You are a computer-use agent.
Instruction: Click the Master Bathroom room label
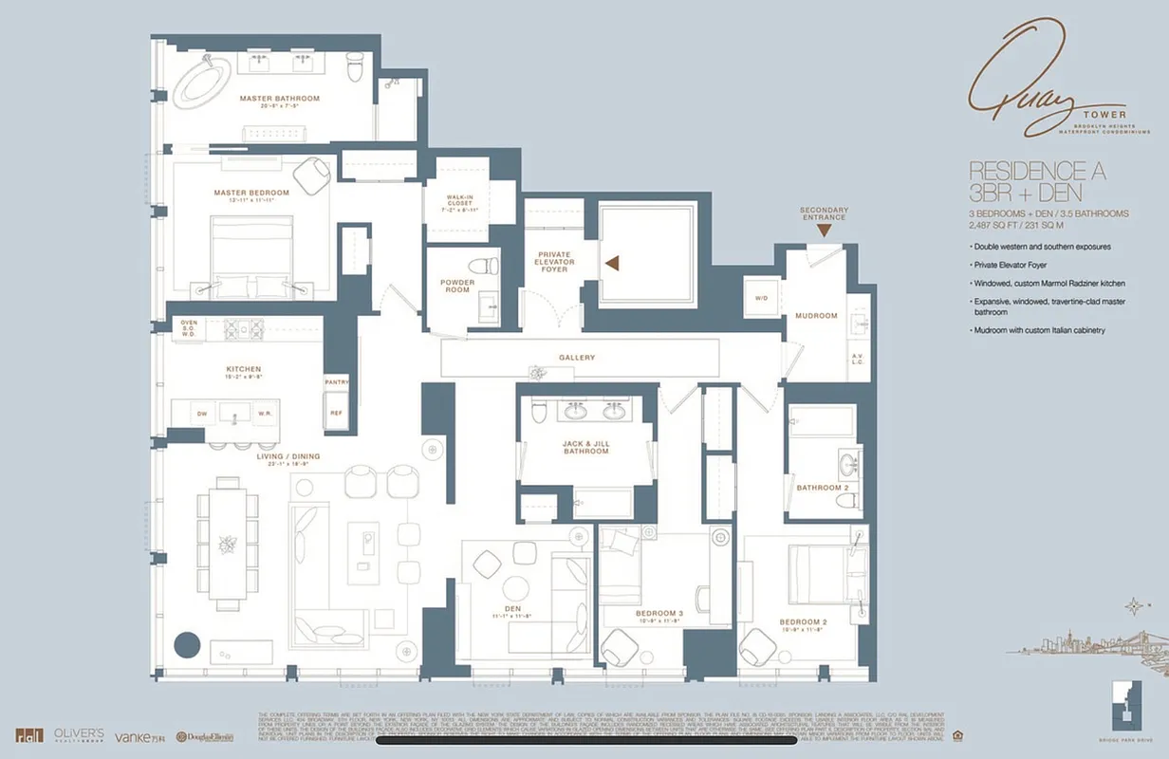[x=279, y=99]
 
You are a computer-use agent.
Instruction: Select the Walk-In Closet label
[x=459, y=202]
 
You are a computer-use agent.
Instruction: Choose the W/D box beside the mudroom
[x=761, y=297]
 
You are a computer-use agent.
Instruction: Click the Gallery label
[x=576, y=357]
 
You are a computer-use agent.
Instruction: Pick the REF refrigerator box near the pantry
[x=336, y=414]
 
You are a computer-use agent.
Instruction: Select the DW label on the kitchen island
[x=202, y=414]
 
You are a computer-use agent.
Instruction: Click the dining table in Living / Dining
[x=228, y=543]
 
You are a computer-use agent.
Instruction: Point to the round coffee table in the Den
[x=519, y=587]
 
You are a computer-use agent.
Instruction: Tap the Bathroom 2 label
[x=821, y=488]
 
